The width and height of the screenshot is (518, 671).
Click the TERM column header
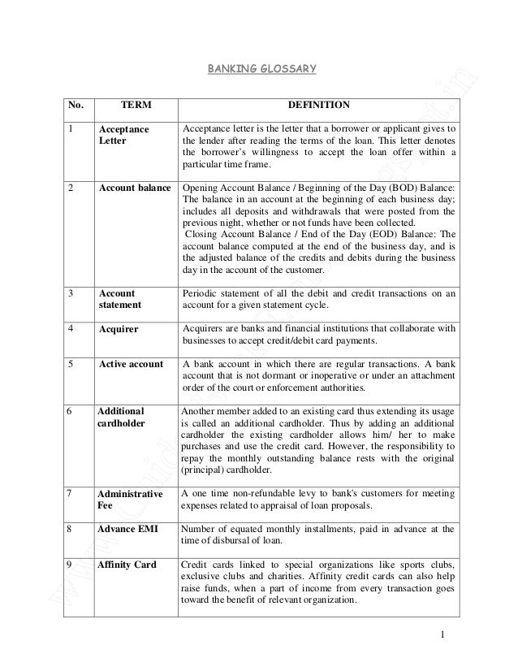tap(135, 106)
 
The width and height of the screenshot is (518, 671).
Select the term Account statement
tap(119, 300)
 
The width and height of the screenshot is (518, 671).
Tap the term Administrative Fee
tap(128, 498)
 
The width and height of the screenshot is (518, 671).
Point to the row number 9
tap(71, 564)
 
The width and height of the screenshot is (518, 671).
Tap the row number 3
tap(71, 293)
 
